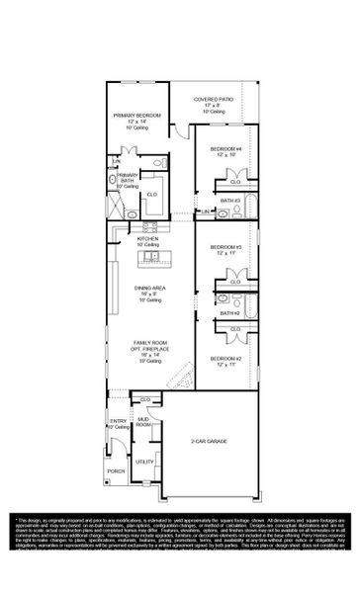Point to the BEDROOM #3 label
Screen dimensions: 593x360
pyautogui.click(x=225, y=247)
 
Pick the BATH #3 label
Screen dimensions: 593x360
pyautogui.click(x=230, y=201)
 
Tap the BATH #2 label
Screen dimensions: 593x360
pyautogui.click(x=230, y=313)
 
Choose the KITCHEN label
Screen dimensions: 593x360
pyautogui.click(x=148, y=239)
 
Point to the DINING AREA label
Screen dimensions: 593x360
pyautogui.click(x=149, y=289)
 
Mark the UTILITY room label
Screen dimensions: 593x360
pyautogui.click(x=143, y=463)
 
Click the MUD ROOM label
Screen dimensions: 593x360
pyautogui.click(x=143, y=422)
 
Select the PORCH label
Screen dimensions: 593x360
pyautogui.click(x=117, y=470)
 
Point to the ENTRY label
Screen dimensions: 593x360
pyautogui.click(x=118, y=422)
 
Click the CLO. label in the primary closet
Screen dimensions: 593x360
pyautogui.click(x=152, y=195)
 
